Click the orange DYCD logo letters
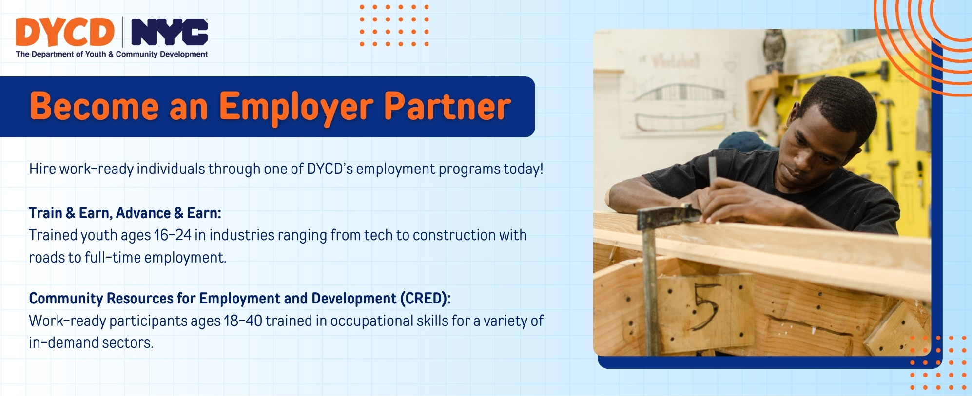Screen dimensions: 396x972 pos(64,32)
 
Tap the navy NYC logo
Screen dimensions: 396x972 pos(170,32)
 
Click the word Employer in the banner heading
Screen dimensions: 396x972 pos(296,107)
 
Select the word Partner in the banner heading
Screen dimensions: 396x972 pos(447,107)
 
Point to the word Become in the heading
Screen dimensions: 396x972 pos(95,107)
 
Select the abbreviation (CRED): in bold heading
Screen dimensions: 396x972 pos(425,299)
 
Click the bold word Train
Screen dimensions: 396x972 pos(46,213)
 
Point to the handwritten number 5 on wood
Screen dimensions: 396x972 pos(705,306)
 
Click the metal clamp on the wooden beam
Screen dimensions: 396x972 pos(668,217)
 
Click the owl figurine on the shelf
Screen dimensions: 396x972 pos(774,50)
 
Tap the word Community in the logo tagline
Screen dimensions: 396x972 pos(136,54)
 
